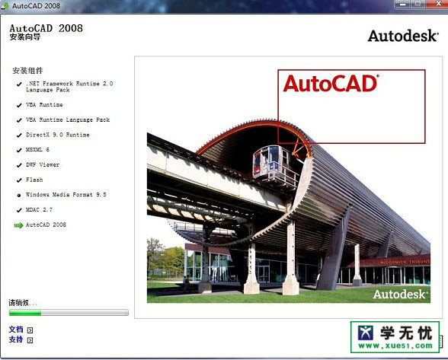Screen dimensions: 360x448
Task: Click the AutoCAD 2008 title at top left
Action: pos(46,28)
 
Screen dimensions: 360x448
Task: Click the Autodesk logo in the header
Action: pos(403,36)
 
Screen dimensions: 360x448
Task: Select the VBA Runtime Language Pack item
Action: pos(68,119)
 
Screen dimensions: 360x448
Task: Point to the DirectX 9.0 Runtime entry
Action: pos(57,135)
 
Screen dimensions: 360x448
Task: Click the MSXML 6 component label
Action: pos(37,149)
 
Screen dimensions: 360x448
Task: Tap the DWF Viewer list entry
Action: pos(43,164)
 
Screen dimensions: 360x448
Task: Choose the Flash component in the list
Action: pos(34,180)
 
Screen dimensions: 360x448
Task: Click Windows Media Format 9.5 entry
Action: pos(66,195)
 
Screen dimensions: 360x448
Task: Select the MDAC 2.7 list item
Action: pos(39,209)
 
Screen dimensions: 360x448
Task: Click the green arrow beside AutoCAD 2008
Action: pos(18,225)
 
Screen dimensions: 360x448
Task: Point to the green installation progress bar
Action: pos(69,312)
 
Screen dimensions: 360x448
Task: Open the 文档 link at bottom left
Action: pos(16,330)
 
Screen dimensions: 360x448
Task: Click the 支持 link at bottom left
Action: pos(16,339)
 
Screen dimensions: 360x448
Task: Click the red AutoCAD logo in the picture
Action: pos(331,83)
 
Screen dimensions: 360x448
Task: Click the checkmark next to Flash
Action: pos(18,180)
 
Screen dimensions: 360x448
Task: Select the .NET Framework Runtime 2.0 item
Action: pos(69,86)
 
